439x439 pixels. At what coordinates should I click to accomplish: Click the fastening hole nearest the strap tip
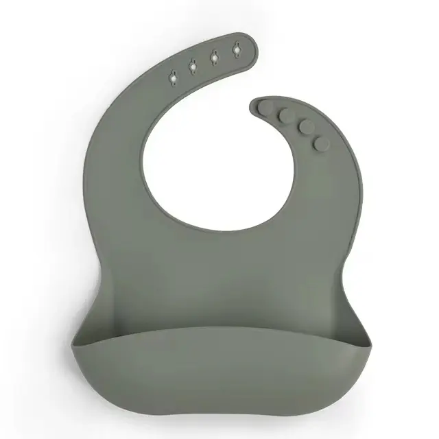pyautogui.click(x=236, y=51)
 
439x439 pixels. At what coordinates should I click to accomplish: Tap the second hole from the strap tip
pyautogui.click(x=214, y=58)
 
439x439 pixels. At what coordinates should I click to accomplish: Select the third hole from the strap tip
pyautogui.click(x=193, y=67)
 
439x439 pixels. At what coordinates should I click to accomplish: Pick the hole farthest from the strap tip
pyautogui.click(x=172, y=79)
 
